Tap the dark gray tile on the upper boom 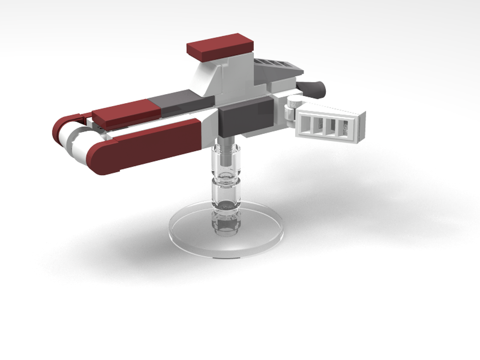[x=180, y=102]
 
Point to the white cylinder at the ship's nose [x=77, y=144]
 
